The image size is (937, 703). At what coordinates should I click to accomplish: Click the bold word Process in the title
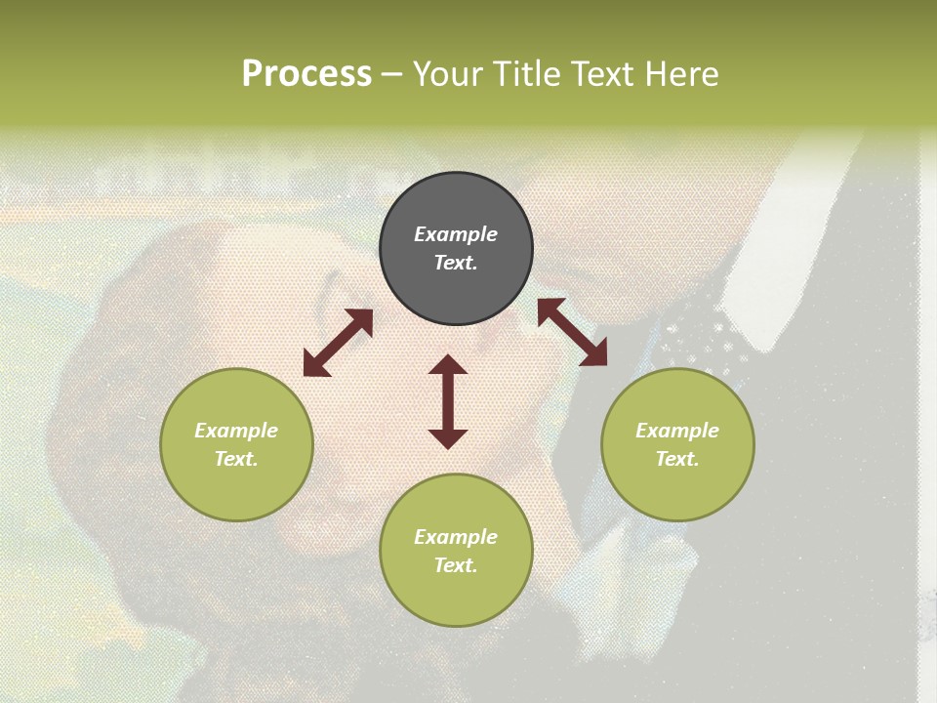(306, 74)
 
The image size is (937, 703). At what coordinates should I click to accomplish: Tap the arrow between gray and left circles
(338, 343)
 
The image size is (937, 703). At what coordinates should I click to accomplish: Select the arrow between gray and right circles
(572, 332)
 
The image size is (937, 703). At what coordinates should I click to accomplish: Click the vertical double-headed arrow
(448, 401)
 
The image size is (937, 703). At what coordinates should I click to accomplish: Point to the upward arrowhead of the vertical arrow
(448, 364)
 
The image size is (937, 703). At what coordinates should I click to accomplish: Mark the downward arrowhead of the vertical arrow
(448, 438)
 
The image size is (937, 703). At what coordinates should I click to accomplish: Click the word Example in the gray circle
(456, 234)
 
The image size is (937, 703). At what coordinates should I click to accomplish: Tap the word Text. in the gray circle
(456, 263)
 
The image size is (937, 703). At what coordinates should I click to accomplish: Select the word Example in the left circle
(236, 431)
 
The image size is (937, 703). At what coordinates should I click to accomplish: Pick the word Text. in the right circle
(677, 459)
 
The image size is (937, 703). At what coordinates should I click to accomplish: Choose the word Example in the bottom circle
(456, 537)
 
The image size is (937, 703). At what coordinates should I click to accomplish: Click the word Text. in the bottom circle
(456, 565)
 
